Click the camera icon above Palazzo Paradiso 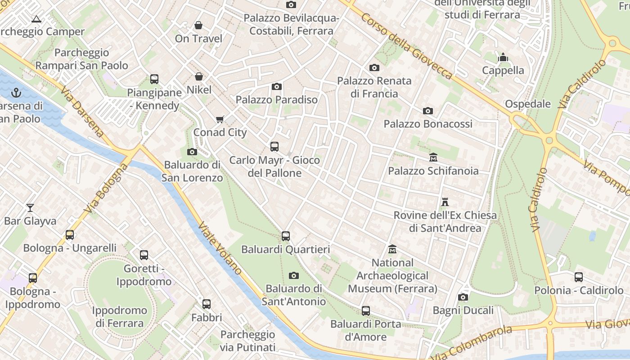[x=277, y=86]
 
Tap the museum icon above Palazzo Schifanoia [x=433, y=157]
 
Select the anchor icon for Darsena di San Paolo [x=16, y=93]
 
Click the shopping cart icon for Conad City [x=220, y=119]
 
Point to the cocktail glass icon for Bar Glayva [x=30, y=208]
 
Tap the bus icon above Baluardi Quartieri [x=285, y=236]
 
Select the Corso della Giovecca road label [x=406, y=46]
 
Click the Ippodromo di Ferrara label [x=119, y=317]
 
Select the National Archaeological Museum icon [x=392, y=249]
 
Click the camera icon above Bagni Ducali [x=463, y=297]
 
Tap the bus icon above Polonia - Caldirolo [x=579, y=277]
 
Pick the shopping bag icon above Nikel [x=198, y=77]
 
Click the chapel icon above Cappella [x=503, y=58]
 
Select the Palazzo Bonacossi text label [x=428, y=124]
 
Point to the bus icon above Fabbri [x=207, y=304]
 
